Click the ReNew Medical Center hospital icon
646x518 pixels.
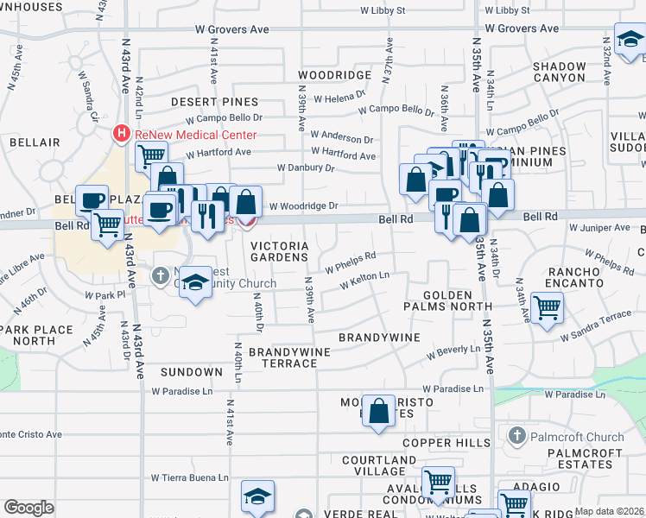(122, 134)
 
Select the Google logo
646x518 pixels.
(28, 508)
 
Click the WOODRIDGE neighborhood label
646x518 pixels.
(334, 75)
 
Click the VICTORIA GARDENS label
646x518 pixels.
(279, 251)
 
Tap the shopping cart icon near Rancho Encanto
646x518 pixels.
(548, 306)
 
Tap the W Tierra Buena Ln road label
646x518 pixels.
(190, 477)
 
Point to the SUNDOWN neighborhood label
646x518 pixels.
(191, 372)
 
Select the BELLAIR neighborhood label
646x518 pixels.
(35, 142)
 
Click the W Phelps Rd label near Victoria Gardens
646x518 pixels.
(350, 262)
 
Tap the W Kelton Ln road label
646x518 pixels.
(364, 281)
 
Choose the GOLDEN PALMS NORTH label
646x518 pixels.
(457, 300)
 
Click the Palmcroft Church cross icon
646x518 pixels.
(517, 434)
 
